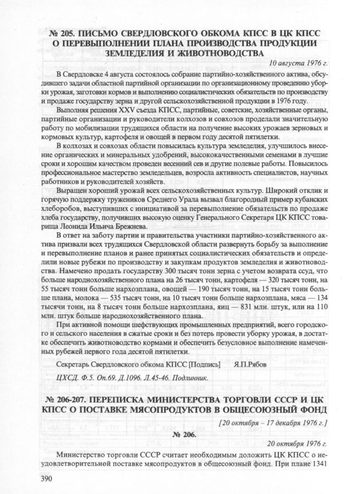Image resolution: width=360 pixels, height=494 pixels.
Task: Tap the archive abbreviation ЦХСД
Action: pyautogui.click(x=69, y=378)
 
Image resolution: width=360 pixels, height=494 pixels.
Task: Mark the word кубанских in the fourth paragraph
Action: pyautogui.click(x=313, y=211)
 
